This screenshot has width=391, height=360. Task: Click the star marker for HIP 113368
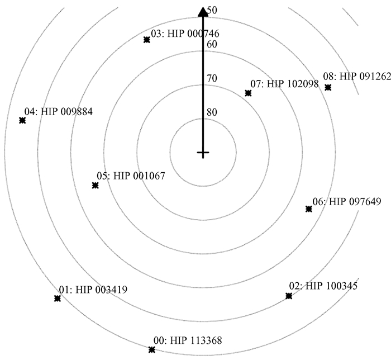151,349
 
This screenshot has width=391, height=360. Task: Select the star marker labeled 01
57,299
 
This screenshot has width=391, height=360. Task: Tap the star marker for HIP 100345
289,296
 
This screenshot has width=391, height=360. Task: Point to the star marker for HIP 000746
146,40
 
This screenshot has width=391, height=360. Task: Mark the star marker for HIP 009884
22,120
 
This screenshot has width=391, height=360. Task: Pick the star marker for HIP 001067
95,185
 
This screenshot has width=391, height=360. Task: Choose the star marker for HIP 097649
308,209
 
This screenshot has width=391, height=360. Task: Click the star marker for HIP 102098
248,93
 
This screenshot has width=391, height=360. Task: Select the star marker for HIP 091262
328,87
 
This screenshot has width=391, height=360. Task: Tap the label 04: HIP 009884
58,111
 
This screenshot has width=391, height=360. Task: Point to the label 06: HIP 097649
346,201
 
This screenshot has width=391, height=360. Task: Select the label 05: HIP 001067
131,176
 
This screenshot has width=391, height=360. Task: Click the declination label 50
212,10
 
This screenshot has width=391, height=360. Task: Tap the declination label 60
212,44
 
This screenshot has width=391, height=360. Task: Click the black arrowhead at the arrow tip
203,12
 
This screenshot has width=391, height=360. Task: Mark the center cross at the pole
203,153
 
